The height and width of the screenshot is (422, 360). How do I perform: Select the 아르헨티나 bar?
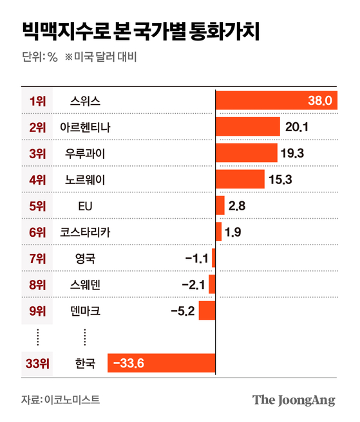tap(247, 127)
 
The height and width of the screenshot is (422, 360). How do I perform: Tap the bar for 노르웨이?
tap(240, 179)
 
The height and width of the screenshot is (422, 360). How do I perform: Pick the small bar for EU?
tap(220, 206)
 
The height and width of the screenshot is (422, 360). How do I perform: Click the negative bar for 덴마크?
tap(207, 311)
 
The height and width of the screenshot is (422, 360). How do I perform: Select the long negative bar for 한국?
tap(161, 363)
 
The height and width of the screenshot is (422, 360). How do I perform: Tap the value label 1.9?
tap(234, 232)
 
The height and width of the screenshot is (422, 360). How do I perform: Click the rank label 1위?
tap(38, 101)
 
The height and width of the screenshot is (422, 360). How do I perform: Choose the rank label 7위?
tap(38, 259)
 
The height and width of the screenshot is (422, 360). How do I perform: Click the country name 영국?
tap(85, 259)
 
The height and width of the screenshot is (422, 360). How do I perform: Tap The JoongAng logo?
tap(294, 399)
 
